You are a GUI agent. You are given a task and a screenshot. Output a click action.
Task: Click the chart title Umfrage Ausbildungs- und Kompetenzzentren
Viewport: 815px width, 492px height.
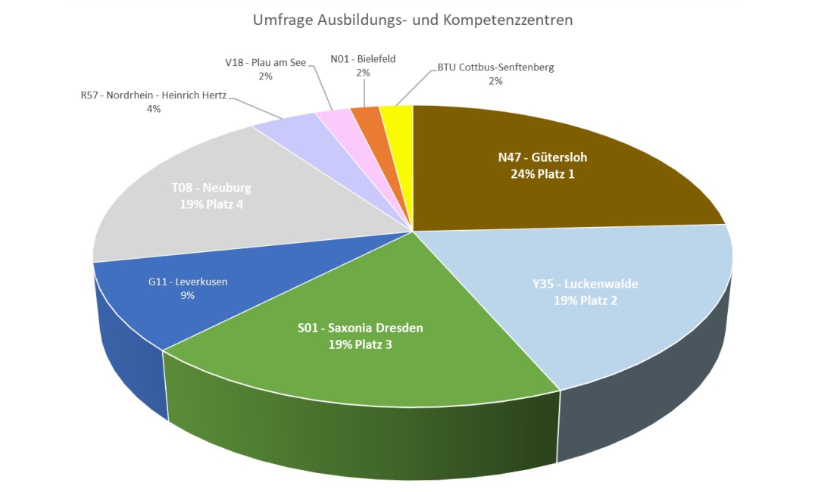[413, 20]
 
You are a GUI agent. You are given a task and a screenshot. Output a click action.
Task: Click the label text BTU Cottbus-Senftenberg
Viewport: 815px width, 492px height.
[495, 67]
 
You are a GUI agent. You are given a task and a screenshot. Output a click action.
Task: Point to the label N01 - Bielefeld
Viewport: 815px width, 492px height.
[363, 58]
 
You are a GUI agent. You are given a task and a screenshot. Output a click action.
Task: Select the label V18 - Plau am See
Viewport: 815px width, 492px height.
[265, 62]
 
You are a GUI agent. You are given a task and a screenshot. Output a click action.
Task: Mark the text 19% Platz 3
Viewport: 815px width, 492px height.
[360, 344]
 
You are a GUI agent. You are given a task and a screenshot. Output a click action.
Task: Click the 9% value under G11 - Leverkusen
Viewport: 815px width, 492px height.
[187, 295]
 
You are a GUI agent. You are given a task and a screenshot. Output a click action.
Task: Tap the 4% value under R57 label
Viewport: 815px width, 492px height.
[154, 109]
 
